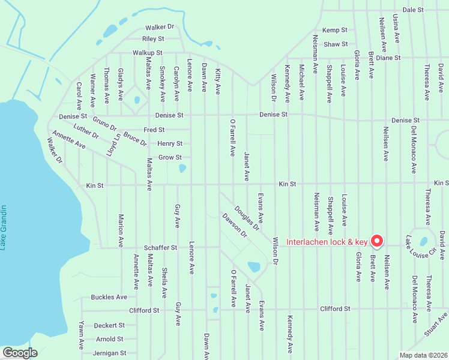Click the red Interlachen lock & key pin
pos(377,240)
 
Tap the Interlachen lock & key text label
pos(327,242)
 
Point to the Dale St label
pos(413,10)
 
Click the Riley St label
pos(153,38)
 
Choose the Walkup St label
pos(148,53)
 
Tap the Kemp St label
pos(335,30)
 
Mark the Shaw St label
pos(336,44)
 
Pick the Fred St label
pos(154,130)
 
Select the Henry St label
pos(170,143)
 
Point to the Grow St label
pos(170,158)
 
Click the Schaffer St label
pos(160,247)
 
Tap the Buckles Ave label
pos(109,297)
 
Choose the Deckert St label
pos(109,325)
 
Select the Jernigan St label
pos(109,353)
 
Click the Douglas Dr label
pos(247,218)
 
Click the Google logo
pos(20,353)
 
